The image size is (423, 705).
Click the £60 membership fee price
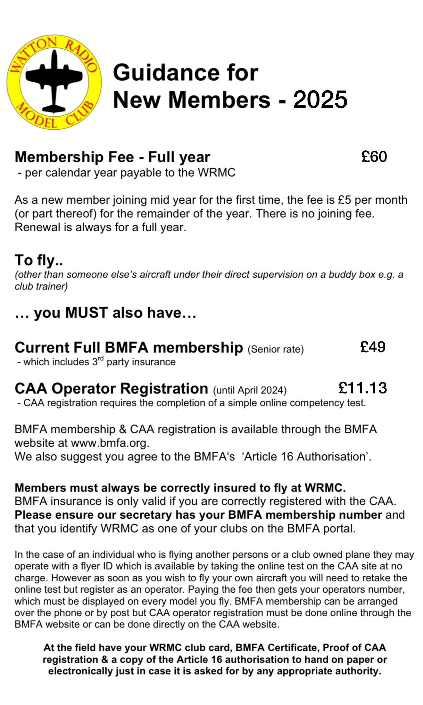point(374,157)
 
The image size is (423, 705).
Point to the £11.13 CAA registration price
point(362,388)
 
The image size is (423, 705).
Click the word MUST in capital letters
point(86,313)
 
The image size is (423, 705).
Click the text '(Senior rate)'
point(275,349)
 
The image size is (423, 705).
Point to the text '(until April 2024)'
point(250,390)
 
